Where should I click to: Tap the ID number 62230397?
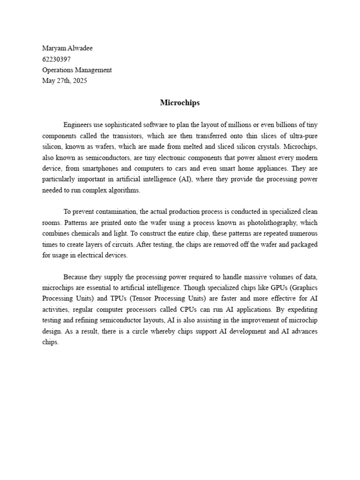[57, 59]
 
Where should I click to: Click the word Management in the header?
[94, 70]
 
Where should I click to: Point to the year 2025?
[79, 81]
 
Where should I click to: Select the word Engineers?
[78, 125]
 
